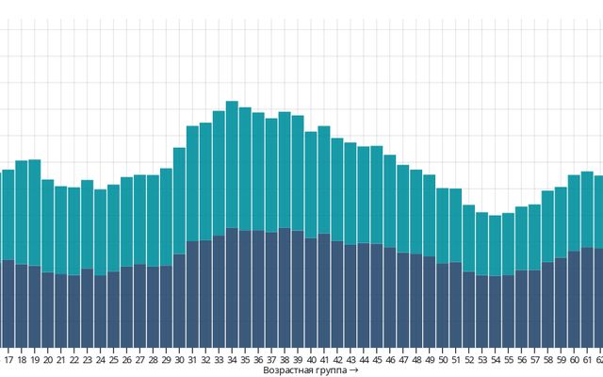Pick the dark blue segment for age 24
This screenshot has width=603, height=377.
(100, 311)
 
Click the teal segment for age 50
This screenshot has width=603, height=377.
(443, 225)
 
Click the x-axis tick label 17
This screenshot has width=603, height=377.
(8, 360)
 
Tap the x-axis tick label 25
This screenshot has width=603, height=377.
(113, 360)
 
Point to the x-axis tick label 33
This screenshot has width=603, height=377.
(219, 360)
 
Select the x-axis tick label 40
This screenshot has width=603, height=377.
(311, 360)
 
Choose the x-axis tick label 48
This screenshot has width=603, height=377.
(416, 360)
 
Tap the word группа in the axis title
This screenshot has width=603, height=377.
(329, 371)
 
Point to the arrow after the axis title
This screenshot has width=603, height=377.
(354, 370)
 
